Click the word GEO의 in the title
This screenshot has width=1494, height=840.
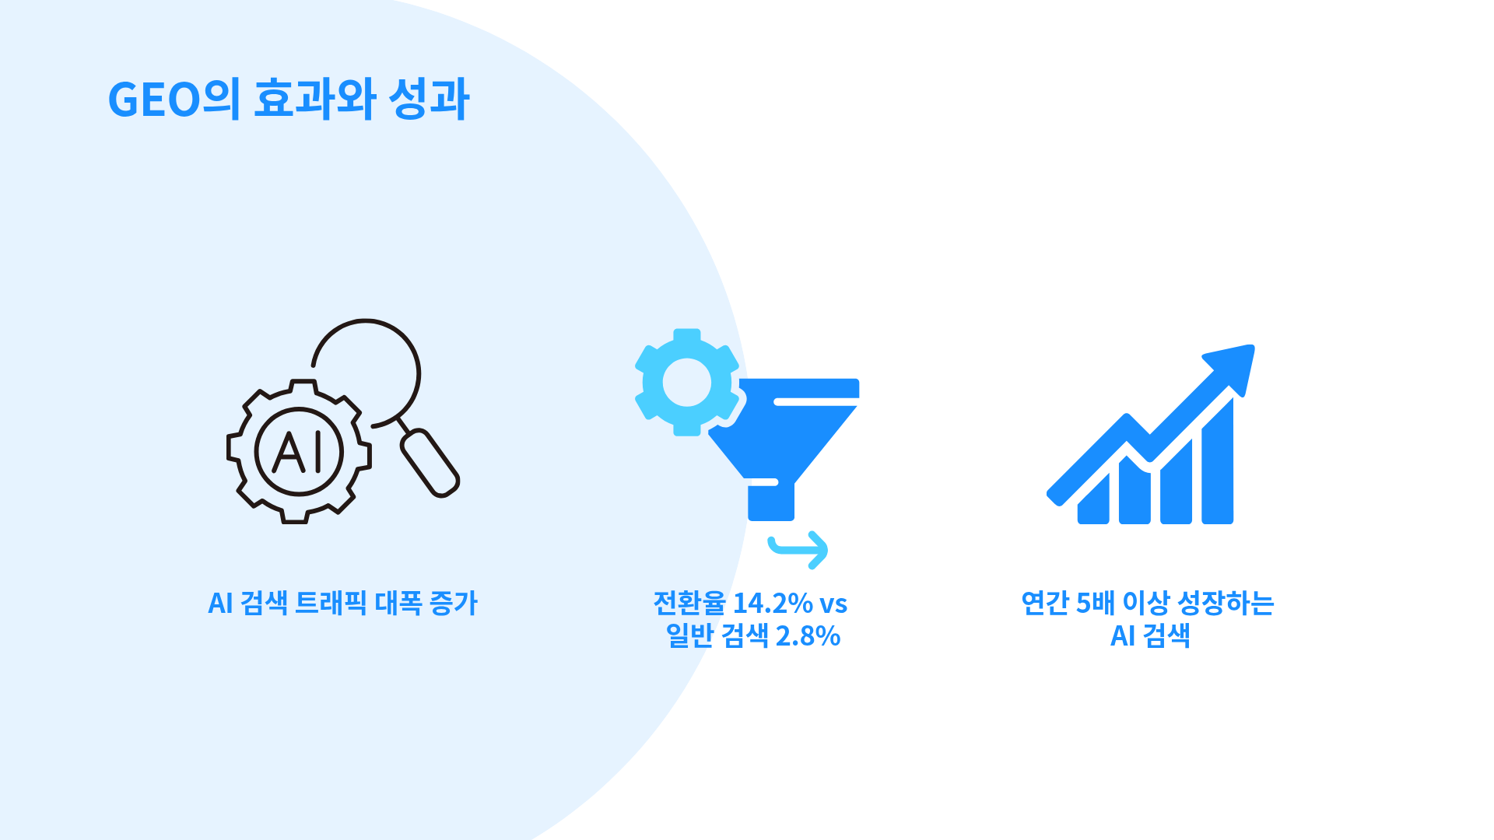point(174,99)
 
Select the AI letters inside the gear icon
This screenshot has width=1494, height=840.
point(298,452)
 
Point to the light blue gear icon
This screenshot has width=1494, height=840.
point(687,382)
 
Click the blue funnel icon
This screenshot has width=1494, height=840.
point(784,449)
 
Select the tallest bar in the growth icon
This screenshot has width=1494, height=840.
point(1217,461)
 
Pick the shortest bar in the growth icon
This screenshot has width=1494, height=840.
point(1093,499)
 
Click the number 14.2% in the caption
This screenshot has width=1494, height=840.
point(773,604)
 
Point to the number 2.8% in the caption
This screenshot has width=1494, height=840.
point(808,636)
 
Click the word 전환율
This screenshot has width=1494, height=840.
point(689,603)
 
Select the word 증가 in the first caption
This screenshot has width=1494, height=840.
point(454,603)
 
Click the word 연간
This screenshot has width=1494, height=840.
point(1045,603)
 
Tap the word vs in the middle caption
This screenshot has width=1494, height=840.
point(833,604)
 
